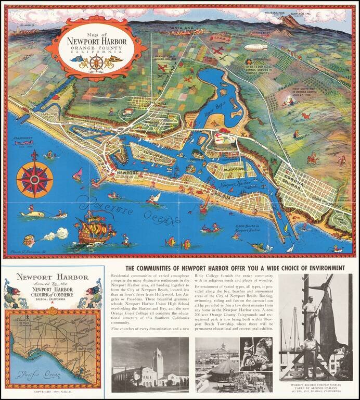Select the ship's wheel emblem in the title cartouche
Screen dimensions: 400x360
tap(96, 62)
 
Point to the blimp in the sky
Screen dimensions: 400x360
tap(256, 47)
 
